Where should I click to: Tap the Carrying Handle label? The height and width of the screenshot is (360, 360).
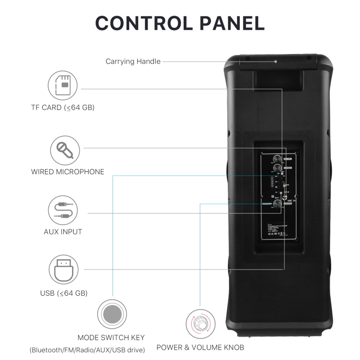[x=133, y=61]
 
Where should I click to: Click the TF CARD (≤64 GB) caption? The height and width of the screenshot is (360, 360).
[x=63, y=108]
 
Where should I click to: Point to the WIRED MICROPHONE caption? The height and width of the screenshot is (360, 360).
[x=67, y=171]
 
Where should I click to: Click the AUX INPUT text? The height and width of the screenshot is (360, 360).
[x=63, y=232]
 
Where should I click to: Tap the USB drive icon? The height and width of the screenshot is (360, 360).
[x=63, y=269]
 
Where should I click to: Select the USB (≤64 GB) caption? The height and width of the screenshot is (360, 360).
[x=63, y=293]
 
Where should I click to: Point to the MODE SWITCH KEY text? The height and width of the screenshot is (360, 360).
[x=111, y=337]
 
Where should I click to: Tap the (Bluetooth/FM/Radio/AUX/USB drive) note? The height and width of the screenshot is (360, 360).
[x=87, y=350]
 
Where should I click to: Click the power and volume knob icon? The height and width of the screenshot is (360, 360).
[x=200, y=324]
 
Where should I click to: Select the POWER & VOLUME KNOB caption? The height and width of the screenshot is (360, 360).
[x=200, y=347]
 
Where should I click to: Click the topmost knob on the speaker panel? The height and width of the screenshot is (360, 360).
[x=277, y=158]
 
